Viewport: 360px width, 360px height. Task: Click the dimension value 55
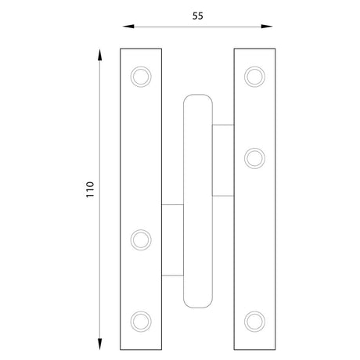point(197,16)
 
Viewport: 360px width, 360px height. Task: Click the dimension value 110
point(90,189)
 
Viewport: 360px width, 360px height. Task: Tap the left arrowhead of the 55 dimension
point(128,27)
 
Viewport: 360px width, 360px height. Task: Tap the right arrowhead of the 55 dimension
point(267,27)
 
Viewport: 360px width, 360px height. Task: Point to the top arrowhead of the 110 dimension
point(99,55)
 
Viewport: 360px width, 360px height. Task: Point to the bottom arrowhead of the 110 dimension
point(99,344)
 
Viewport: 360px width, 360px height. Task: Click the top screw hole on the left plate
point(141,77)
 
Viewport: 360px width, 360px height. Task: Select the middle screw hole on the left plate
point(141,239)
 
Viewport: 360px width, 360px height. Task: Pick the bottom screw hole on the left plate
point(141,322)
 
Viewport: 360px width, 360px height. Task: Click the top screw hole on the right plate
point(254,77)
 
